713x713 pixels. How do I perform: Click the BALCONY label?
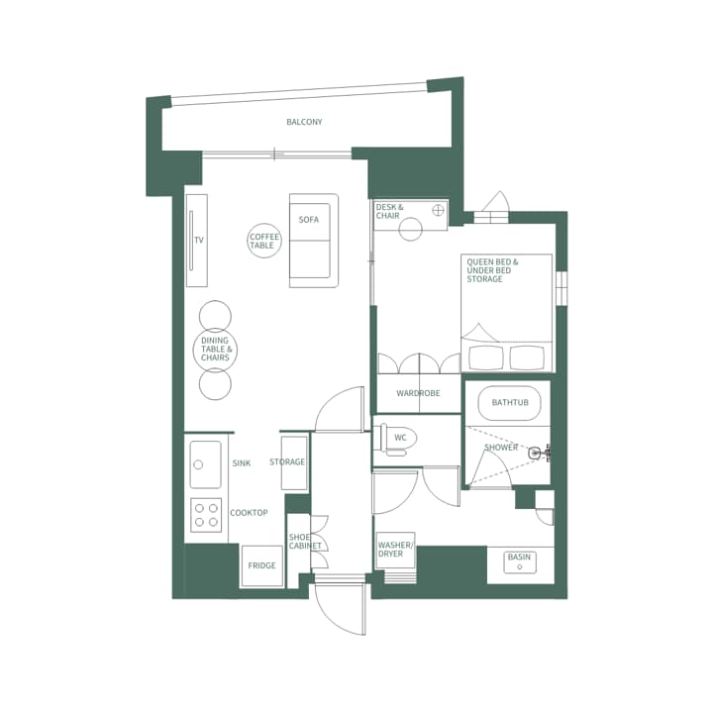(x=304, y=122)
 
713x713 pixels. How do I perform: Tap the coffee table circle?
(x=264, y=241)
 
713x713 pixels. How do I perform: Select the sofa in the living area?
(x=314, y=241)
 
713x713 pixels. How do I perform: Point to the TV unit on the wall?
(x=196, y=241)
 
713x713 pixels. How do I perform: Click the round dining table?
(x=215, y=350)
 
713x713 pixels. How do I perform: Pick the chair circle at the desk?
(x=410, y=230)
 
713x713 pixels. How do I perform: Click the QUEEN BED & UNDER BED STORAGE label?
(x=493, y=270)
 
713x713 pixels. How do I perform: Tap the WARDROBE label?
(x=418, y=393)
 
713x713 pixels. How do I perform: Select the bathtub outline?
(x=510, y=403)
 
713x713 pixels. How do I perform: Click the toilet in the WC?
(x=395, y=438)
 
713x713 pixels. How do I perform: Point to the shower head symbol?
(x=536, y=453)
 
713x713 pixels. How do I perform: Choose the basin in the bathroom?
(x=519, y=562)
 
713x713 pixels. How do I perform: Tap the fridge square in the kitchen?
(x=261, y=565)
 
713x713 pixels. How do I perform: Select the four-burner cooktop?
(x=207, y=515)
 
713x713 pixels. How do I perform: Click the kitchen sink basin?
(x=205, y=464)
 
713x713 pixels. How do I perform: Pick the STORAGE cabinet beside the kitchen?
(x=294, y=462)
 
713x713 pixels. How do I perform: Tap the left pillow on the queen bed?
(x=484, y=356)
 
